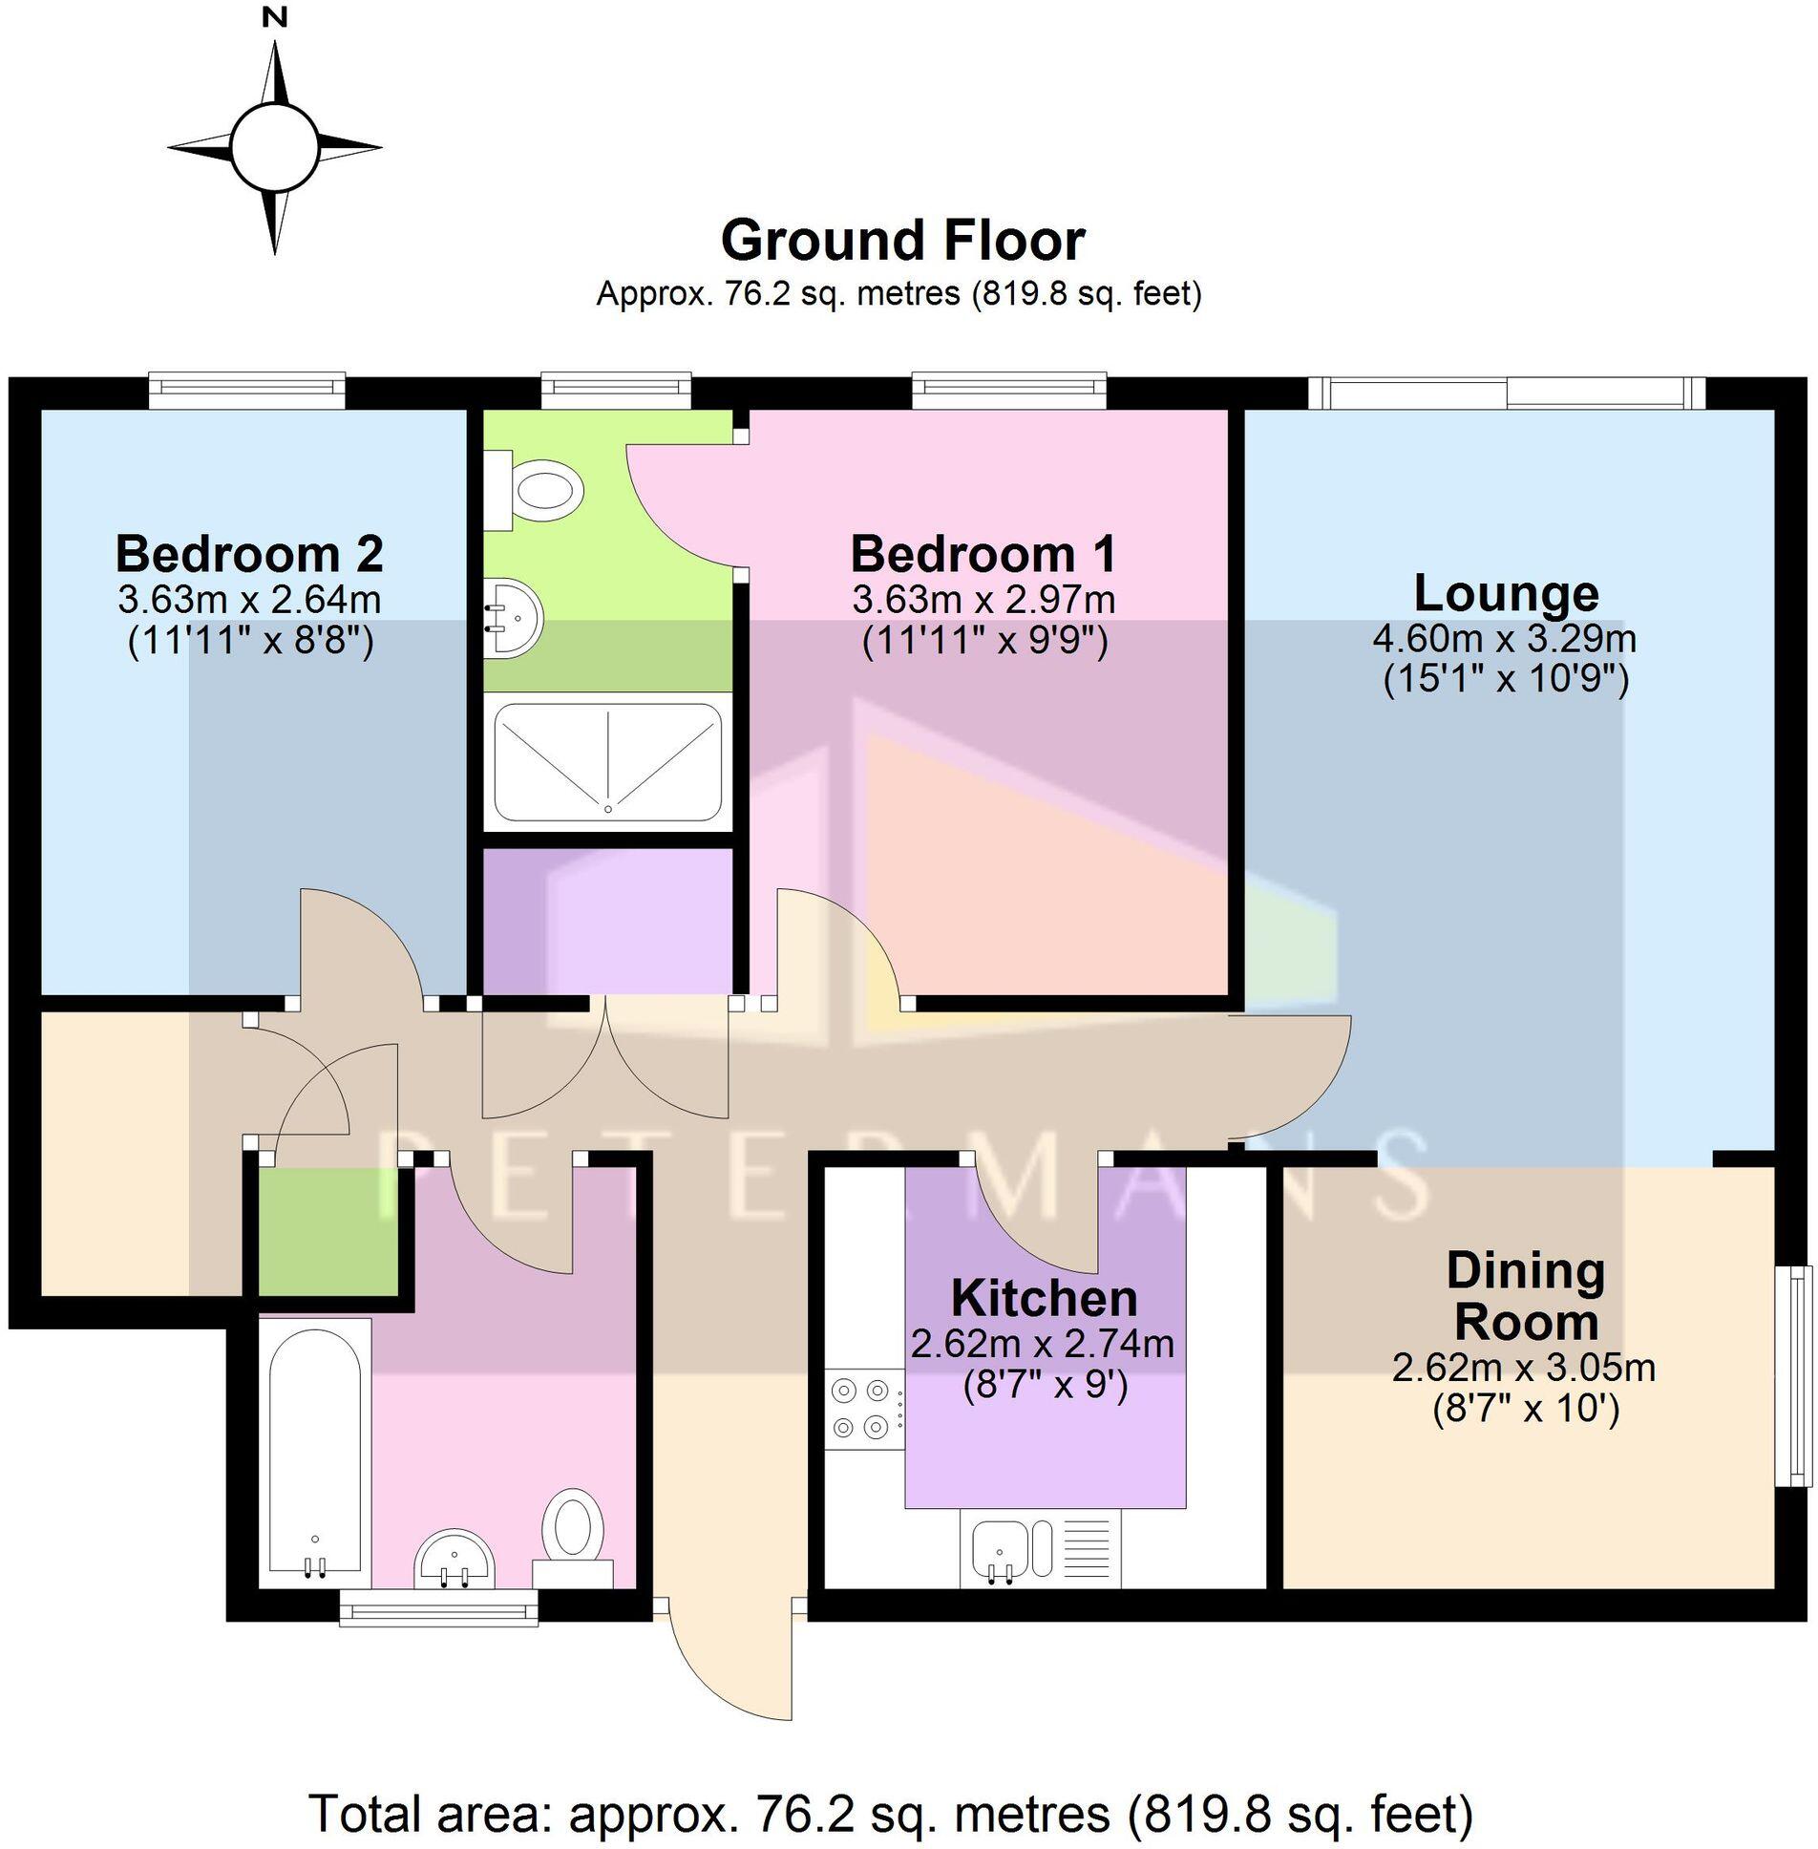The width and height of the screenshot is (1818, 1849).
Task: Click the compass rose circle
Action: click(x=274, y=148)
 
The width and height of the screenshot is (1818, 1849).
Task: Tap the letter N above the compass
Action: click(x=276, y=16)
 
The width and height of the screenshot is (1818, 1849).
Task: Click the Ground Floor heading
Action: click(x=902, y=240)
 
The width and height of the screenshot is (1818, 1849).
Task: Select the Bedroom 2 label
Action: click(x=249, y=553)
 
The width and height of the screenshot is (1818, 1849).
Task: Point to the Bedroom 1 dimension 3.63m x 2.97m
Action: click(x=983, y=600)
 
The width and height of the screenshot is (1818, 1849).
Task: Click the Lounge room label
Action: click(x=1506, y=593)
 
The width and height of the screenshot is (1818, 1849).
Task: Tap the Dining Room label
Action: click(x=1525, y=1296)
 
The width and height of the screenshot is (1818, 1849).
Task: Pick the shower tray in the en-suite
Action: click(x=607, y=762)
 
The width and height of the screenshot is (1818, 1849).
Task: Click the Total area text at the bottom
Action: click(x=891, y=1814)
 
